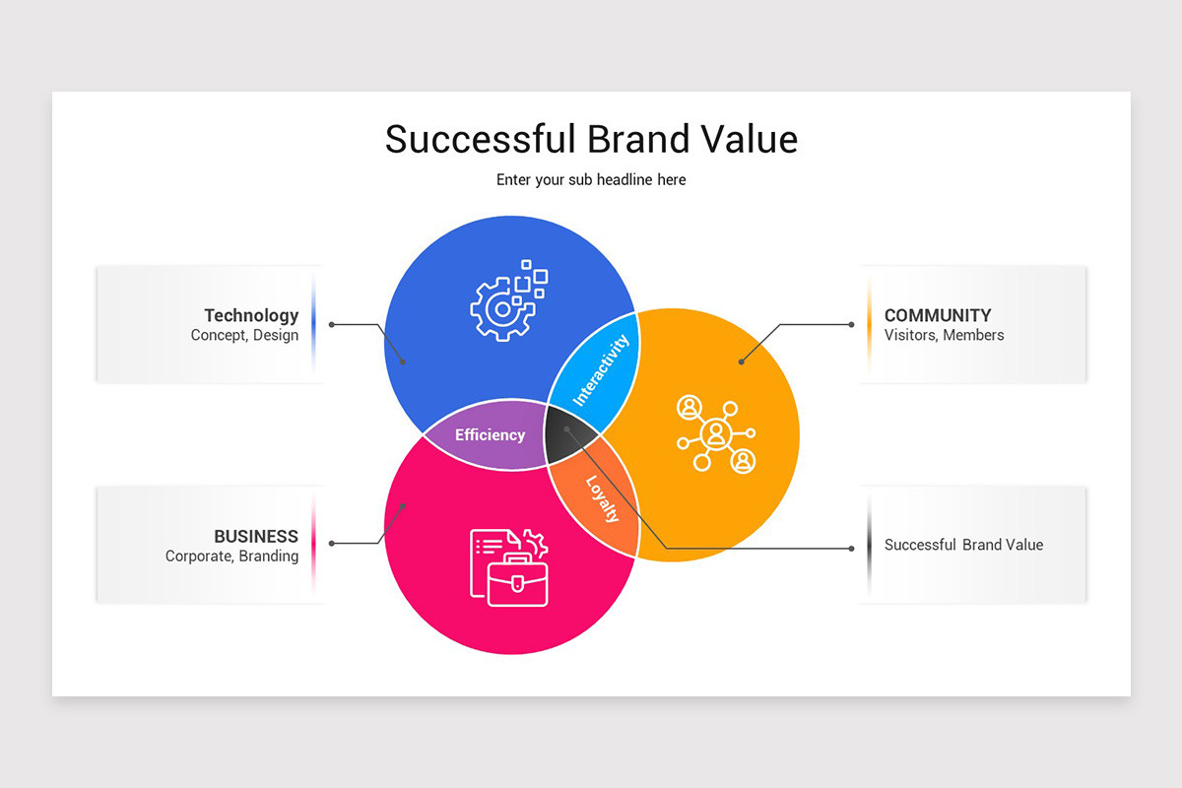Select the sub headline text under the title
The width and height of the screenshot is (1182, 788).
pyautogui.click(x=591, y=179)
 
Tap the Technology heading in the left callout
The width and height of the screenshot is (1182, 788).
pyautogui.click(x=251, y=315)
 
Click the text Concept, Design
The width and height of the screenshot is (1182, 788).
pyautogui.click(x=244, y=335)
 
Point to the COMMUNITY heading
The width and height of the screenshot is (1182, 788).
pyautogui.click(x=938, y=315)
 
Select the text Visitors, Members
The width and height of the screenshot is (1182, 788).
pyautogui.click(x=944, y=335)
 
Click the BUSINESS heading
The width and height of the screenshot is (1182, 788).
pyautogui.click(x=256, y=536)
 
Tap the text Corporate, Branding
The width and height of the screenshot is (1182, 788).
pyautogui.click(x=231, y=556)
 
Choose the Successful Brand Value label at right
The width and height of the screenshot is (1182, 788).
pyautogui.click(x=963, y=545)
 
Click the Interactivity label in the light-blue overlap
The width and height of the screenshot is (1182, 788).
pyautogui.click(x=601, y=370)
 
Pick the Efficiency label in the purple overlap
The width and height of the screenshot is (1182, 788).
pyautogui.click(x=490, y=434)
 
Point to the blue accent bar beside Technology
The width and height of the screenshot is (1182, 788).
pyautogui.click(x=313, y=323)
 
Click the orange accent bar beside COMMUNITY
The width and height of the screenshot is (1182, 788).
pyautogui.click(x=869, y=323)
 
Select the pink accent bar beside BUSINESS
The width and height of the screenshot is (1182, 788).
pyautogui.click(x=313, y=545)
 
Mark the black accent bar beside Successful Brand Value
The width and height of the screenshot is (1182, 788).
pyautogui.click(x=869, y=545)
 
